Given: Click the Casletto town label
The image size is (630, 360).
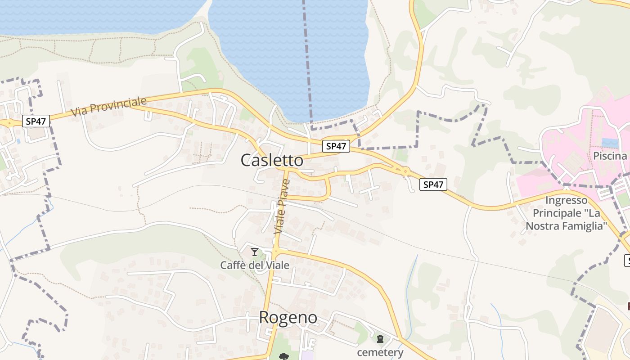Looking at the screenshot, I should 272,160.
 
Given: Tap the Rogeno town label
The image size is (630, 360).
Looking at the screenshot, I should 288,318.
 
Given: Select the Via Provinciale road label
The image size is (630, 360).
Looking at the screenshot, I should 109,106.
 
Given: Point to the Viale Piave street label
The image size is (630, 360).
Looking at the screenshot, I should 281,207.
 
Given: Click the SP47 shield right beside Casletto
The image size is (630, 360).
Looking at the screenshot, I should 336,146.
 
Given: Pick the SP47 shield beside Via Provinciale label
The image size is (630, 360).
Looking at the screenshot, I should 36,121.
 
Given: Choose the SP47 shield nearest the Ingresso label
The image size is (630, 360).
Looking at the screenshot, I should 433,184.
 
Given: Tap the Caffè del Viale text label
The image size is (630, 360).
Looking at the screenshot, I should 255,265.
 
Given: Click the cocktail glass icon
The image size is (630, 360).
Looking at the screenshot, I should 255,252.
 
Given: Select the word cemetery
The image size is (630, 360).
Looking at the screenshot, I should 380,352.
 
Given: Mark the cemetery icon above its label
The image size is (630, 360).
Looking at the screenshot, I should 380,338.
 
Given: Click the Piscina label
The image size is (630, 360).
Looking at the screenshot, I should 610,156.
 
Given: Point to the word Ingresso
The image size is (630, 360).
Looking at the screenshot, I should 567,200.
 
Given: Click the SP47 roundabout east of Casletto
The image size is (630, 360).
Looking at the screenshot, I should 405,171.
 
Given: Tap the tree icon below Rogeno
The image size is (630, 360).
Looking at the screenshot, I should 284,357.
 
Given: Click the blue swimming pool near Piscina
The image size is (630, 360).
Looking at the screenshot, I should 610,143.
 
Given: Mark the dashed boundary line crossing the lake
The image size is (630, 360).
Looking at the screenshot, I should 308,58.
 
